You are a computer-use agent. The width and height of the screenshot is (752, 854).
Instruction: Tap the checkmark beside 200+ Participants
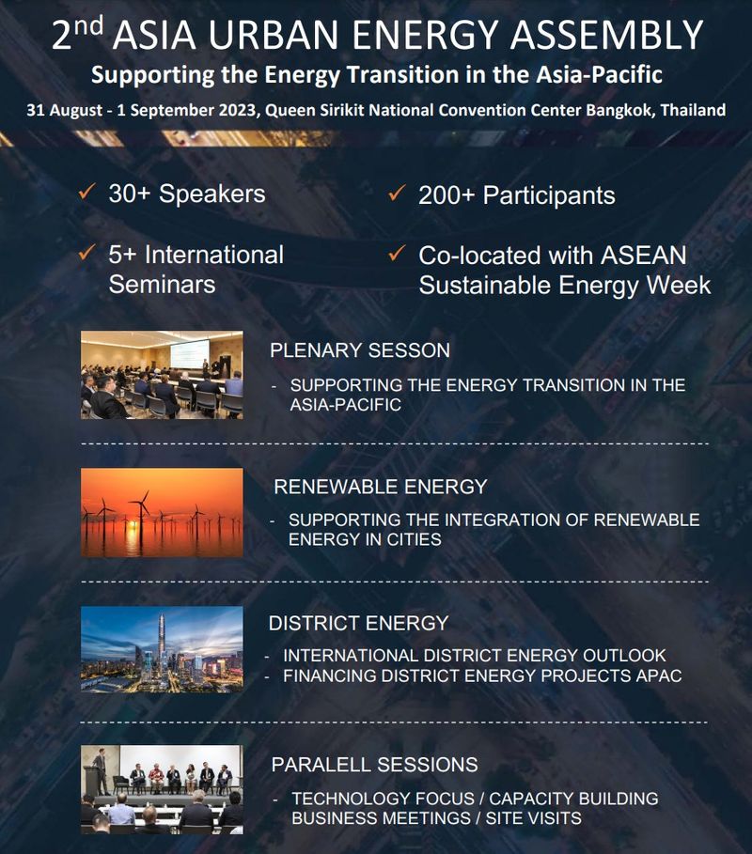(397, 194)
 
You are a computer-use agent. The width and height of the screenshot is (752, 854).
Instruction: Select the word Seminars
(162, 284)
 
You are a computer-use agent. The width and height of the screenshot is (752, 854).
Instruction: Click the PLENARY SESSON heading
(360, 350)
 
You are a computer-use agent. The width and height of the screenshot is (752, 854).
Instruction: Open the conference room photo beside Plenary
(162, 375)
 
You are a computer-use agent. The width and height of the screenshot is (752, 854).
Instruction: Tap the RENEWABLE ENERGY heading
(380, 487)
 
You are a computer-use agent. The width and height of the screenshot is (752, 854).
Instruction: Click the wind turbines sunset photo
(162, 512)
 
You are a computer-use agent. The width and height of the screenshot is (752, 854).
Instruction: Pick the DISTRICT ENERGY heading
(358, 623)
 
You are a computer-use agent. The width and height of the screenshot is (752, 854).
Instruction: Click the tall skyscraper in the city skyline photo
(161, 639)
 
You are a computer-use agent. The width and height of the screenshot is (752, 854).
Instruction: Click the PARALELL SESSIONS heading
(374, 764)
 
